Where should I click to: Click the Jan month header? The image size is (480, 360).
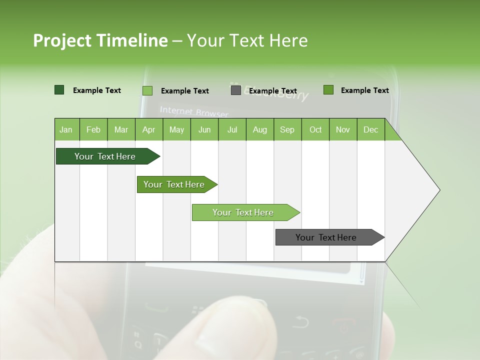(66, 130)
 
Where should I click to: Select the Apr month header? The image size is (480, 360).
(148, 130)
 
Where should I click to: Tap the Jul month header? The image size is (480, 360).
(232, 130)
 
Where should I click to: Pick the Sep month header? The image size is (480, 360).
(287, 130)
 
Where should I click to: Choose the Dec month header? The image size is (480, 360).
(370, 130)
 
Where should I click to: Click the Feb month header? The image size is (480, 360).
(93, 130)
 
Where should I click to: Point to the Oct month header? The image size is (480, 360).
(315, 130)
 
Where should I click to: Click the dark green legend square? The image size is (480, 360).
(59, 90)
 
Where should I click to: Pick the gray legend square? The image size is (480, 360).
(236, 90)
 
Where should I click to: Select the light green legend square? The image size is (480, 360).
(147, 90)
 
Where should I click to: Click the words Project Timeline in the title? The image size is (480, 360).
(100, 40)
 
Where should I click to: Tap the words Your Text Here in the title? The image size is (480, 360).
(247, 40)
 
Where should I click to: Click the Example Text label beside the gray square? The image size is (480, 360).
(273, 91)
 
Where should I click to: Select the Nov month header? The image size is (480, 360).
(343, 130)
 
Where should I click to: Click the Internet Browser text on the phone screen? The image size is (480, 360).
(194, 111)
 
